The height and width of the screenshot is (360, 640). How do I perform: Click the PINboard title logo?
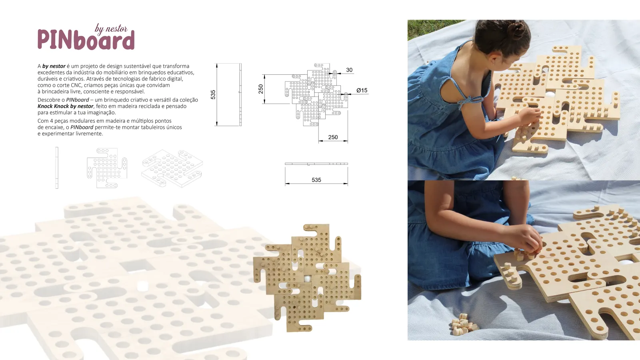tap(86, 40)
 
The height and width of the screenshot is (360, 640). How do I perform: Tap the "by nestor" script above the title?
tap(111, 29)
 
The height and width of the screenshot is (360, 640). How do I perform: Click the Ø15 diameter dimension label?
tap(362, 90)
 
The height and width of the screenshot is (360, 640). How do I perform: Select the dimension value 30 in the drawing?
tap(349, 70)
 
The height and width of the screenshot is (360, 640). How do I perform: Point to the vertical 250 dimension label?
tap(260, 89)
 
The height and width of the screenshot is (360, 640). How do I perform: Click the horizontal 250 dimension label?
tap(333, 137)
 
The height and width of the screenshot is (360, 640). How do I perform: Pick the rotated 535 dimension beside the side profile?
tap(213, 94)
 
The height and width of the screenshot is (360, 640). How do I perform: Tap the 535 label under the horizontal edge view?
tap(316, 180)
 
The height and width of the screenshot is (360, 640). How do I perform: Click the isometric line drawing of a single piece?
tap(172, 168)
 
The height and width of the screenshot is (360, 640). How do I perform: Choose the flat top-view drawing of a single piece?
tap(107, 168)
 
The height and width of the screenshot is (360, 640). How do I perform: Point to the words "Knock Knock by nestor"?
tap(66, 106)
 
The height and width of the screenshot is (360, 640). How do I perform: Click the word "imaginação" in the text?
tap(102, 112)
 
